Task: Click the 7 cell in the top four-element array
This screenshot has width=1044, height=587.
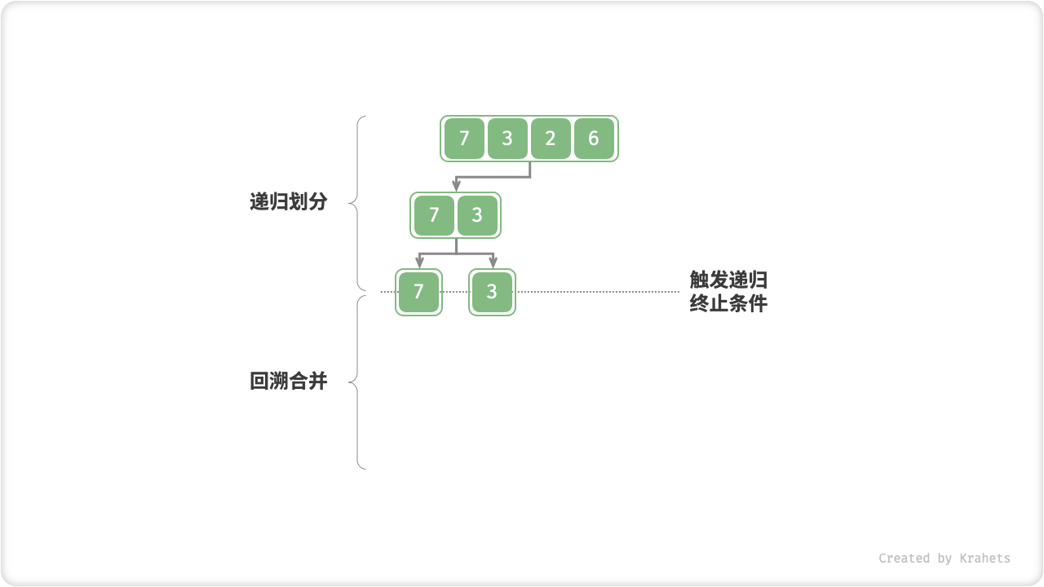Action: point(464,139)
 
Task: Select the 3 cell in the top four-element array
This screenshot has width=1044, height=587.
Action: point(507,139)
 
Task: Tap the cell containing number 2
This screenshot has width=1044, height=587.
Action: point(551,139)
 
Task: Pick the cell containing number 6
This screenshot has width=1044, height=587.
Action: point(594,139)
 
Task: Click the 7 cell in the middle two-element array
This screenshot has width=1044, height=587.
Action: point(434,215)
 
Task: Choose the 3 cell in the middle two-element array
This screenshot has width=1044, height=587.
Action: point(477,215)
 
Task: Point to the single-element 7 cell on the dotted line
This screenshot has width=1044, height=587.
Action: point(418,292)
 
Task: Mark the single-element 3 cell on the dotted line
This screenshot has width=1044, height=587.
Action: point(492,292)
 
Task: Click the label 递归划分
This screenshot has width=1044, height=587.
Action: point(288,202)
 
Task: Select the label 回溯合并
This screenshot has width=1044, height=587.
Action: point(288,381)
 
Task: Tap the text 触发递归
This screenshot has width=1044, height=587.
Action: point(728,280)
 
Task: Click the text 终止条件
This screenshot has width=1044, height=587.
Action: point(728,304)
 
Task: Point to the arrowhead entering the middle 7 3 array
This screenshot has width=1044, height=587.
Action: point(456,188)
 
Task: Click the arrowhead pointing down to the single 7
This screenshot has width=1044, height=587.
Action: point(419,263)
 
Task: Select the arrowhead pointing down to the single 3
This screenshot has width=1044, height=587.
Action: point(493,263)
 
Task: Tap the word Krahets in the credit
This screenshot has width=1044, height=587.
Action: point(984,558)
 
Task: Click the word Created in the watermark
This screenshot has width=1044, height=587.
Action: point(905,558)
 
